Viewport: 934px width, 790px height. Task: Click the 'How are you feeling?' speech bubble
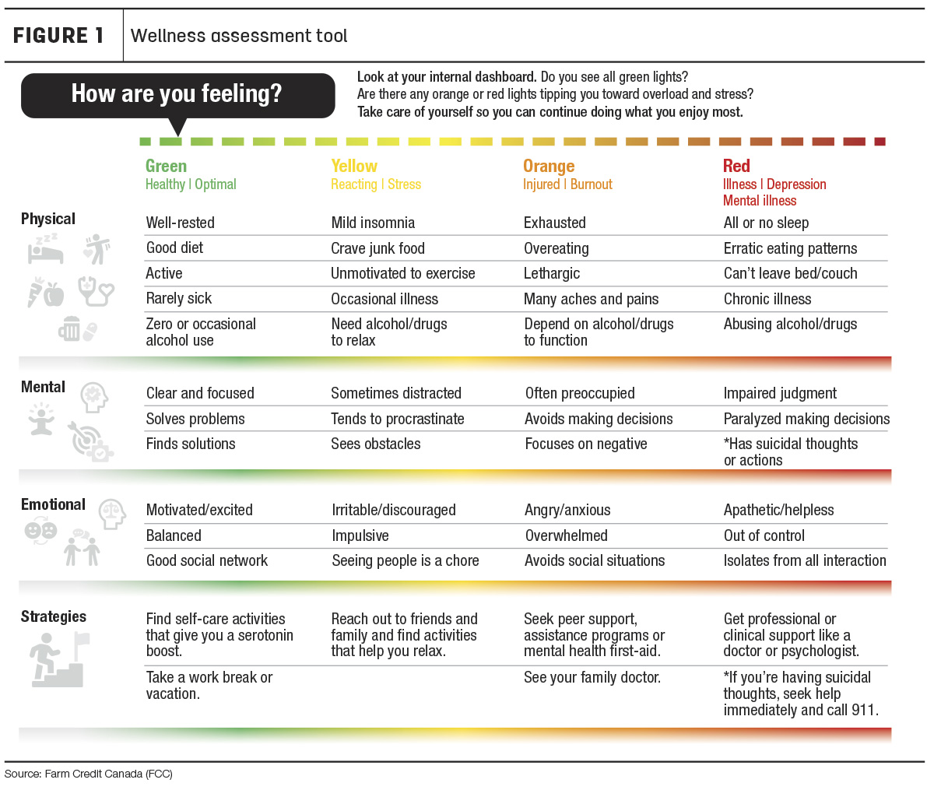coord(177,96)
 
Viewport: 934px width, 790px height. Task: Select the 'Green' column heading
coord(166,166)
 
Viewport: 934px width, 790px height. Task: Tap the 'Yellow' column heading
coord(354,166)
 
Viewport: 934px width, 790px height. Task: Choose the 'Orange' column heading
coord(549,167)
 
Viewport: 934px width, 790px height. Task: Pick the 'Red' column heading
coord(736,166)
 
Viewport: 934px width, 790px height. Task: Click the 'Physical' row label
coord(48,219)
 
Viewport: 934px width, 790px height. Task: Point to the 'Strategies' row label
coord(54,616)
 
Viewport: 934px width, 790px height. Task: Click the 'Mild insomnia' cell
coord(373,223)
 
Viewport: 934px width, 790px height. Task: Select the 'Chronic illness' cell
coord(767,299)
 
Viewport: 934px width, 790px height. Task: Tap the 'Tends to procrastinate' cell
coord(397,419)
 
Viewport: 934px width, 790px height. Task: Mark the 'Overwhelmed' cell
coord(566,535)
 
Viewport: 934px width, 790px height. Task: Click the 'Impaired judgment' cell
coord(780,393)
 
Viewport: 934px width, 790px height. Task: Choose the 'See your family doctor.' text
coord(592,677)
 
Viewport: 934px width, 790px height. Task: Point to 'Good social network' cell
coord(206,560)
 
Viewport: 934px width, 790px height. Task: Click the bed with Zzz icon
coord(45,248)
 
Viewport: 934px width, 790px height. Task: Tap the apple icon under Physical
coord(54,295)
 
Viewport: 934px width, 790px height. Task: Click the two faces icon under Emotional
coord(40,530)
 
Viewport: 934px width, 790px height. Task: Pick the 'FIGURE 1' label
coord(58,36)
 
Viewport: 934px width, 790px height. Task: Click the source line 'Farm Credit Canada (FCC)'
coord(108,774)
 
